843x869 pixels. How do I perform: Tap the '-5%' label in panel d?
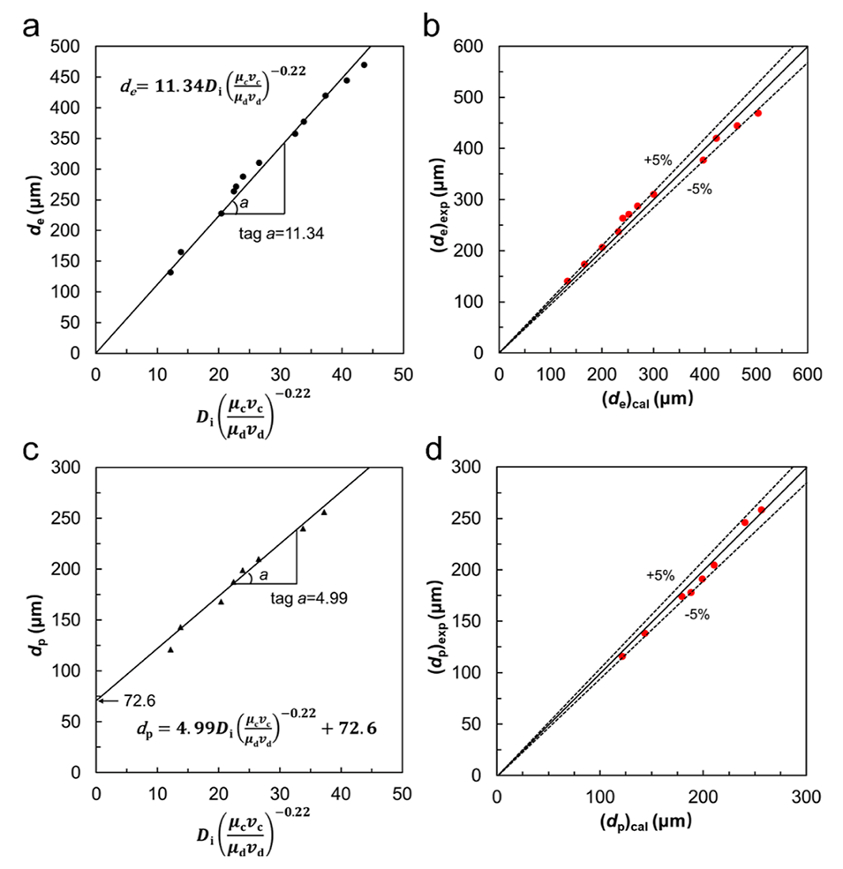pos(697,615)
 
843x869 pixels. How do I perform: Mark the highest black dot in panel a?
pos(364,65)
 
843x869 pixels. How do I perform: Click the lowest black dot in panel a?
pos(170,273)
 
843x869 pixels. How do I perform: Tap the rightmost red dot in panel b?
pos(757,114)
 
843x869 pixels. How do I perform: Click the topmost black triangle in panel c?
pos(324,512)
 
